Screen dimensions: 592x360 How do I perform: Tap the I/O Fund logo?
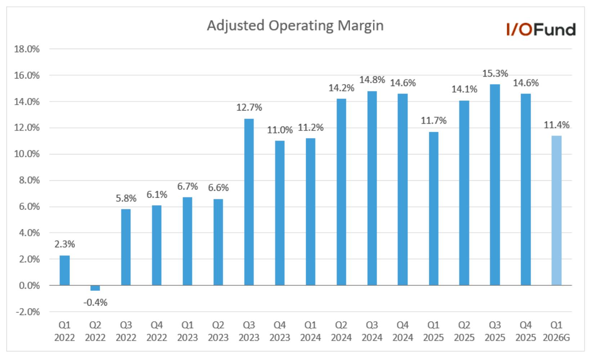click(x=541, y=29)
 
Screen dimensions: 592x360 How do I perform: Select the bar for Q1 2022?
click(x=64, y=270)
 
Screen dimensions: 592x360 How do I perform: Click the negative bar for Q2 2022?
click(x=95, y=288)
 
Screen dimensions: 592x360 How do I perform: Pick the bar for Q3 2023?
click(x=249, y=202)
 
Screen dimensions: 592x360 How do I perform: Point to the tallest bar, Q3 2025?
click(x=495, y=185)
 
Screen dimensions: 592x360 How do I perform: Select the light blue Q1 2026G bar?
click(x=556, y=211)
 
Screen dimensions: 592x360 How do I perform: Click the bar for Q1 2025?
click(x=434, y=209)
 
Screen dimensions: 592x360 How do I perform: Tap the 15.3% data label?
click(x=495, y=73)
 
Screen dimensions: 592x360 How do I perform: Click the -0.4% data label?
click(x=95, y=302)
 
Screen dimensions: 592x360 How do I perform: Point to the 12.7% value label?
click(x=249, y=108)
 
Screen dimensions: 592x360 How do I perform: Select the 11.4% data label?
click(x=556, y=125)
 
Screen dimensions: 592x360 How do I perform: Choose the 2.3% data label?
click(x=64, y=244)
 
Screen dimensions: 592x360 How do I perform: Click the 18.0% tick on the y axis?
click(x=27, y=49)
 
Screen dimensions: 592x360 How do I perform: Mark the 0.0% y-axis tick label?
click(x=29, y=285)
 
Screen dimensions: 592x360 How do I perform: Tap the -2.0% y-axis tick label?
click(x=28, y=312)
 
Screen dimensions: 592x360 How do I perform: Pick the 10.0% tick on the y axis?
click(x=27, y=154)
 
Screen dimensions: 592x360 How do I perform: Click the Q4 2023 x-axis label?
click(x=279, y=331)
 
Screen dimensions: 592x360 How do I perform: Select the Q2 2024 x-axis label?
click(x=341, y=331)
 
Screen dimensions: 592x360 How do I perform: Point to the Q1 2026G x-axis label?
click(x=556, y=331)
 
